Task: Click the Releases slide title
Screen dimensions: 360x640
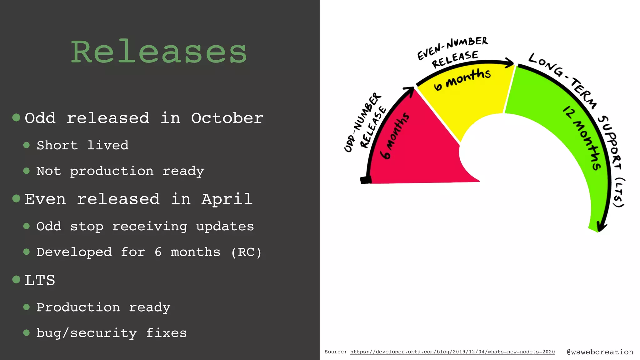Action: [159, 52]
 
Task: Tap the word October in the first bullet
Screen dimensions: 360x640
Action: [227, 118]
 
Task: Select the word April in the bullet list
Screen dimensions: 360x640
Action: [227, 199]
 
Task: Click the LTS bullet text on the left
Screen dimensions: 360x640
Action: [40, 280]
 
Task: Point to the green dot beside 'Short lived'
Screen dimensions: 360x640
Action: [27, 145]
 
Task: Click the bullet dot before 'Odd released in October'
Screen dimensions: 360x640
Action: [16, 117]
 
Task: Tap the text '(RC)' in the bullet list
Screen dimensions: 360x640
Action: [246, 252]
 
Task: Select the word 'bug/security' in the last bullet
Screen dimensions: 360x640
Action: [87, 333]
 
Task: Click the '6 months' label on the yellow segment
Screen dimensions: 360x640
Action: [462, 78]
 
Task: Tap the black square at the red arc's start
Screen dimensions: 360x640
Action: [365, 180]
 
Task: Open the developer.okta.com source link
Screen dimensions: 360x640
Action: [452, 352]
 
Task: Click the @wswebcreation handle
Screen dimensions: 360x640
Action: [600, 352]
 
